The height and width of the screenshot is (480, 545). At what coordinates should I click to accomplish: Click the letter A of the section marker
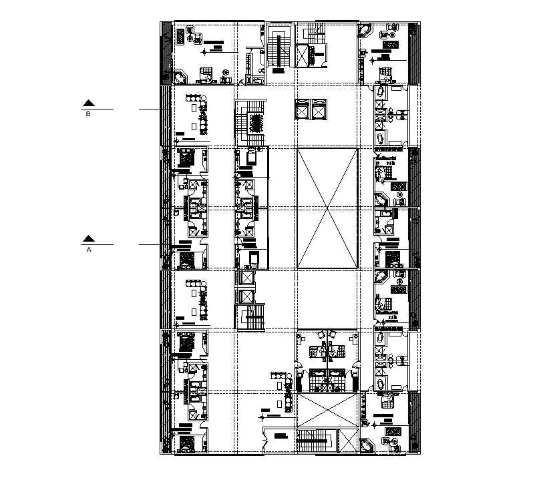coord(89,250)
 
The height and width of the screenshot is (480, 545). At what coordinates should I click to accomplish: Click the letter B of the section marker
coord(89,113)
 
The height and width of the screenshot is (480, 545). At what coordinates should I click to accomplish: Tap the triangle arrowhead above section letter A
coord(89,238)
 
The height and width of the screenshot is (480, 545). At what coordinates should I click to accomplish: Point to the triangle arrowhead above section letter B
coord(89,103)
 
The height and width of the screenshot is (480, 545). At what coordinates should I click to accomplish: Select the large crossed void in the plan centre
coord(327,208)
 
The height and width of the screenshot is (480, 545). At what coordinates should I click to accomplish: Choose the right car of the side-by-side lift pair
coord(319,109)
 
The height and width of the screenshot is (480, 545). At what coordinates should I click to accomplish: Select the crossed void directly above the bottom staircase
coord(324,409)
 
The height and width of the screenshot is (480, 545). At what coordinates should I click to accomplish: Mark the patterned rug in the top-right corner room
coord(391,45)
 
